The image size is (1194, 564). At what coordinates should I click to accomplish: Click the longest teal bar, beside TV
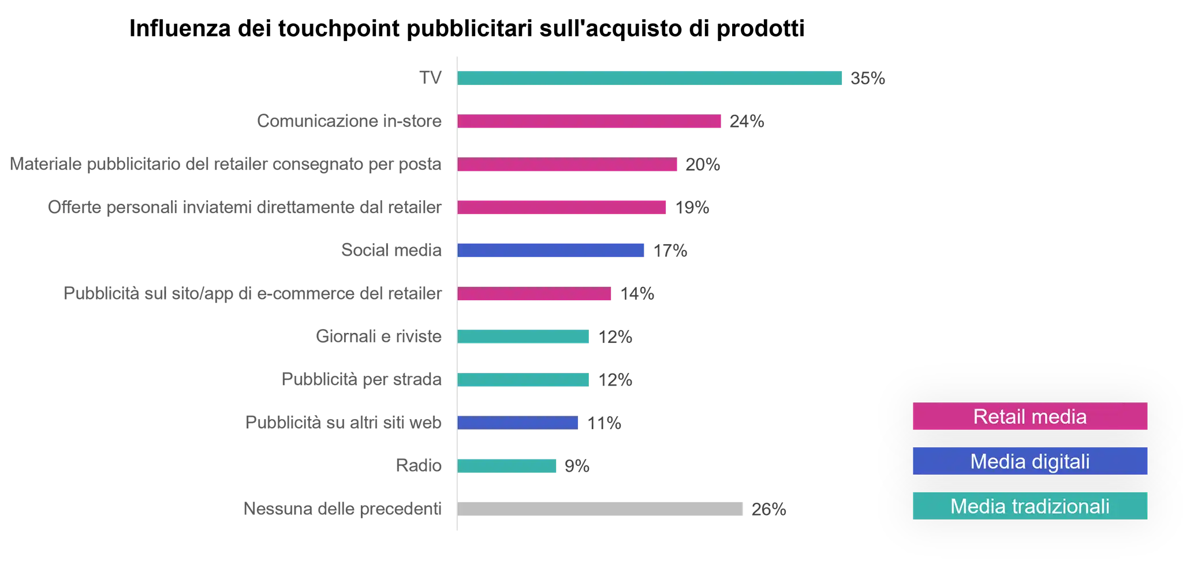click(x=651, y=79)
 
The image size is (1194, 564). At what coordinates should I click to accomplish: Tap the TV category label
click(x=430, y=79)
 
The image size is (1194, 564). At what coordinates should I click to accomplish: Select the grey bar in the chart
click(x=600, y=509)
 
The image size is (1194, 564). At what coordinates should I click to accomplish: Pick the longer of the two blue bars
click(x=551, y=250)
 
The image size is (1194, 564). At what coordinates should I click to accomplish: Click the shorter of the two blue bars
click(x=518, y=423)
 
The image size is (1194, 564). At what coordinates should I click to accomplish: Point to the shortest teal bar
click(x=508, y=466)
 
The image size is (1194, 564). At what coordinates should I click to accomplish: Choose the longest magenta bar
click(x=590, y=121)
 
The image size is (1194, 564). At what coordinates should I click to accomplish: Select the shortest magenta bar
click(x=535, y=294)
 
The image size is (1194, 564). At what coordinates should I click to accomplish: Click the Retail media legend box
click(x=1029, y=416)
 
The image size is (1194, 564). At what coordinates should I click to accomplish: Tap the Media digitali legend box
click(x=1029, y=461)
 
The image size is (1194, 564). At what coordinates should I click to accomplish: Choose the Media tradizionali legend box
click(x=1029, y=506)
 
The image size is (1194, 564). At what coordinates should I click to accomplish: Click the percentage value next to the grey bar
click(x=768, y=509)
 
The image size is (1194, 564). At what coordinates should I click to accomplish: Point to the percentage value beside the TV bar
click(x=868, y=79)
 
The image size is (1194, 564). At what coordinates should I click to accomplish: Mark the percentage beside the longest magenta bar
click(x=748, y=121)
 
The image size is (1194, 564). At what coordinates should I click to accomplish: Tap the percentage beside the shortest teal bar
click(x=577, y=466)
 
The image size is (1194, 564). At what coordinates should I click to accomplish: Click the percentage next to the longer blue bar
click(x=670, y=251)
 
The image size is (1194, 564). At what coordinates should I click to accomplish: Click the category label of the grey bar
click(x=342, y=509)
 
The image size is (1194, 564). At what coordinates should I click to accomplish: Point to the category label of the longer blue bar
click(x=393, y=250)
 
